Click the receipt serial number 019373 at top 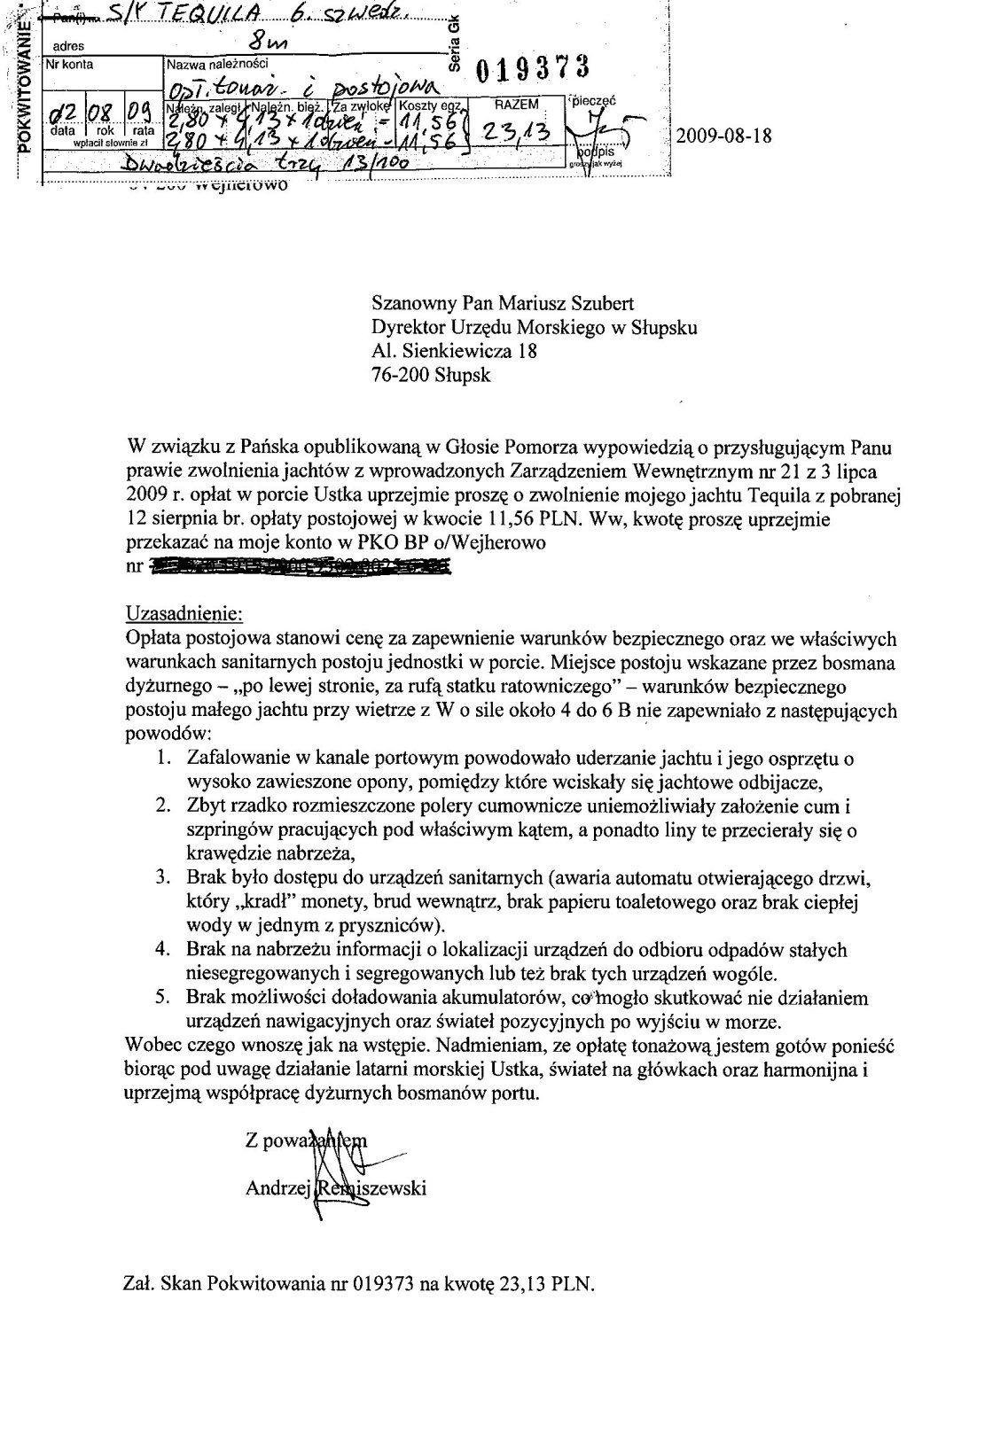tap(533, 68)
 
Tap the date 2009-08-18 tap(723, 136)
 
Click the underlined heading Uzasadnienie tap(184, 613)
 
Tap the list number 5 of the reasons tap(162, 997)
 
